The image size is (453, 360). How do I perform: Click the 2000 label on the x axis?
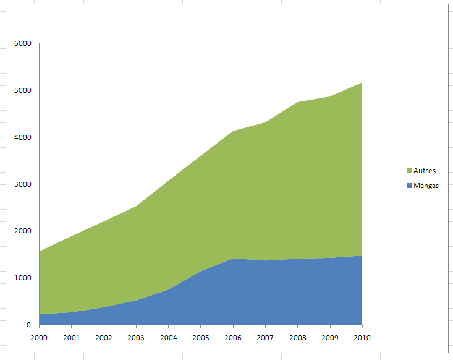[40, 338]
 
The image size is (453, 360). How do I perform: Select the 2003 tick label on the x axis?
[136, 338]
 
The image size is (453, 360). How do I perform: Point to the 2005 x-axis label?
[201, 338]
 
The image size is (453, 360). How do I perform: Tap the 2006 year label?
[233, 338]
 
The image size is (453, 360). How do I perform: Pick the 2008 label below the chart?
[298, 338]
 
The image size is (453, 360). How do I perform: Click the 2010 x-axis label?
[362, 338]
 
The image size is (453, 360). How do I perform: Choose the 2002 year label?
[104, 338]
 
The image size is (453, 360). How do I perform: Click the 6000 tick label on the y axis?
[23, 43]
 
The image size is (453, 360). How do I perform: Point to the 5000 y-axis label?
[23, 90]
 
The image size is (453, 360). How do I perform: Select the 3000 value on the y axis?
[23, 184]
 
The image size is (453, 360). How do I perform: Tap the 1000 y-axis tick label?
[23, 278]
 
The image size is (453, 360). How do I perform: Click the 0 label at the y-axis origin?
[28, 325]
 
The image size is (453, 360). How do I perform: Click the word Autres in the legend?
[425, 171]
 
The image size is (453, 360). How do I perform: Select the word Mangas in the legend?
[426, 186]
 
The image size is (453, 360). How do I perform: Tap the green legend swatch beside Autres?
[409, 171]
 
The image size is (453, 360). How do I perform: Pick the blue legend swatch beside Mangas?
[409, 186]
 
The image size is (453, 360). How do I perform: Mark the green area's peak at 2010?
[362, 83]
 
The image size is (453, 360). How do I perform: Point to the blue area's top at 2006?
[233, 259]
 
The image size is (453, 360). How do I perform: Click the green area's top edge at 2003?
[136, 207]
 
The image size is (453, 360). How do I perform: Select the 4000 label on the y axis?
[23, 137]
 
